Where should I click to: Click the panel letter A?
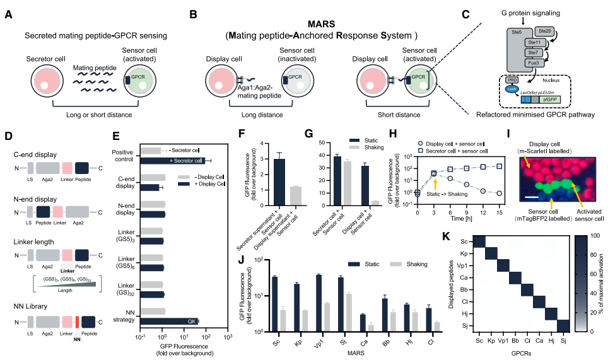[x=8, y=13]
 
